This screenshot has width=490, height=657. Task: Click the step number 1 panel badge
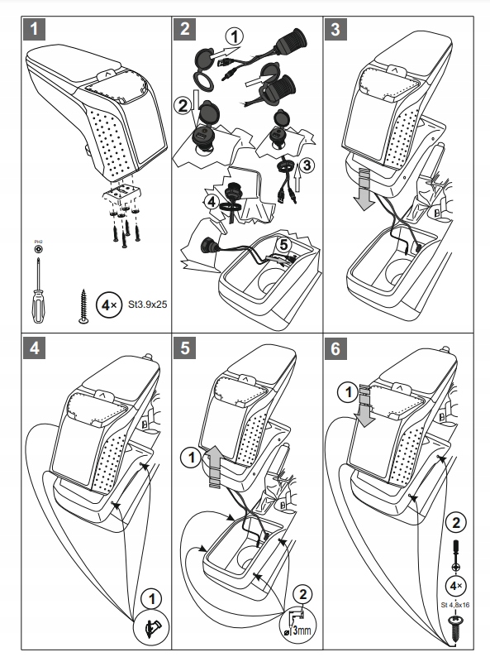(34, 29)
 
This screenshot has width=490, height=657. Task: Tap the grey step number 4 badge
(35, 348)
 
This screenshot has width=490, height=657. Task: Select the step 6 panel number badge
(335, 348)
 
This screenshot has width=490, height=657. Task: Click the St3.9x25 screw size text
(147, 305)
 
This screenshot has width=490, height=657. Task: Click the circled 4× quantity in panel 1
(109, 305)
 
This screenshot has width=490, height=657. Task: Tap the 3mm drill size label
(302, 630)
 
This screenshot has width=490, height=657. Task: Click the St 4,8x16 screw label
(455, 605)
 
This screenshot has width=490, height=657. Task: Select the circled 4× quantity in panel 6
(455, 586)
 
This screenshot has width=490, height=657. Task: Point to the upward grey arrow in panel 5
(215, 467)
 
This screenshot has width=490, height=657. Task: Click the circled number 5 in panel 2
(284, 245)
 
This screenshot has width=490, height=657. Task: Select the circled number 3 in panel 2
(307, 165)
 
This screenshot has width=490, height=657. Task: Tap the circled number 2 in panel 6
(455, 522)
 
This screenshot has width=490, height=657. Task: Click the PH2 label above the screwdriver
(38, 242)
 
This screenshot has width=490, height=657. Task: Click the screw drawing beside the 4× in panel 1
(83, 306)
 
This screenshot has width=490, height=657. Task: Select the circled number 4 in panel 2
(212, 202)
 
